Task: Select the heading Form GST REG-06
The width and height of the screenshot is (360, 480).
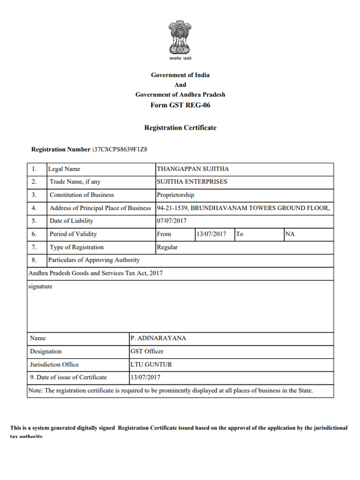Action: pos(180,105)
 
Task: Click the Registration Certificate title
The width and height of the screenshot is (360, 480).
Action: pos(180,128)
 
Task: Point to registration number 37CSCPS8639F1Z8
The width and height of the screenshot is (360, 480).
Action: pos(121,148)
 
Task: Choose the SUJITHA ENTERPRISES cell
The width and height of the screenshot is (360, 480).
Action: pos(192,182)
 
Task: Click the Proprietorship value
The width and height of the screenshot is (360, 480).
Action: pos(175,195)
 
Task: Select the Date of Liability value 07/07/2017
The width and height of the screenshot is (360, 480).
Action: pos(172,221)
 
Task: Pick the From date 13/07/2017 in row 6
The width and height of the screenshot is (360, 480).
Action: pos(211,234)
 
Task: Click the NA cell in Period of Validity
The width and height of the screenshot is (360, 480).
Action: pos(290,234)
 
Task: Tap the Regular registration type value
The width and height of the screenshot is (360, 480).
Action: pos(167,247)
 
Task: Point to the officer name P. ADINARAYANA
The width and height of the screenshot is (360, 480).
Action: pos(158,338)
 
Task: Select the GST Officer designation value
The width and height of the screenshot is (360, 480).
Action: pos(146,352)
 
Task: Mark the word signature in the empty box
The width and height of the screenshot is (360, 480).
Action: pos(41,287)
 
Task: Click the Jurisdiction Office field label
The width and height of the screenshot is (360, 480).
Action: pos(54,364)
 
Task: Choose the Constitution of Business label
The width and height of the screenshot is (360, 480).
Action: pos(82,195)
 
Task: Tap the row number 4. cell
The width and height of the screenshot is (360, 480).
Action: pos(35,208)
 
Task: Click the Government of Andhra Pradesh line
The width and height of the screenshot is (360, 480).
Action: pos(180,95)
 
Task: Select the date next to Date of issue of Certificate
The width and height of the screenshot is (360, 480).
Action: pos(145,377)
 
